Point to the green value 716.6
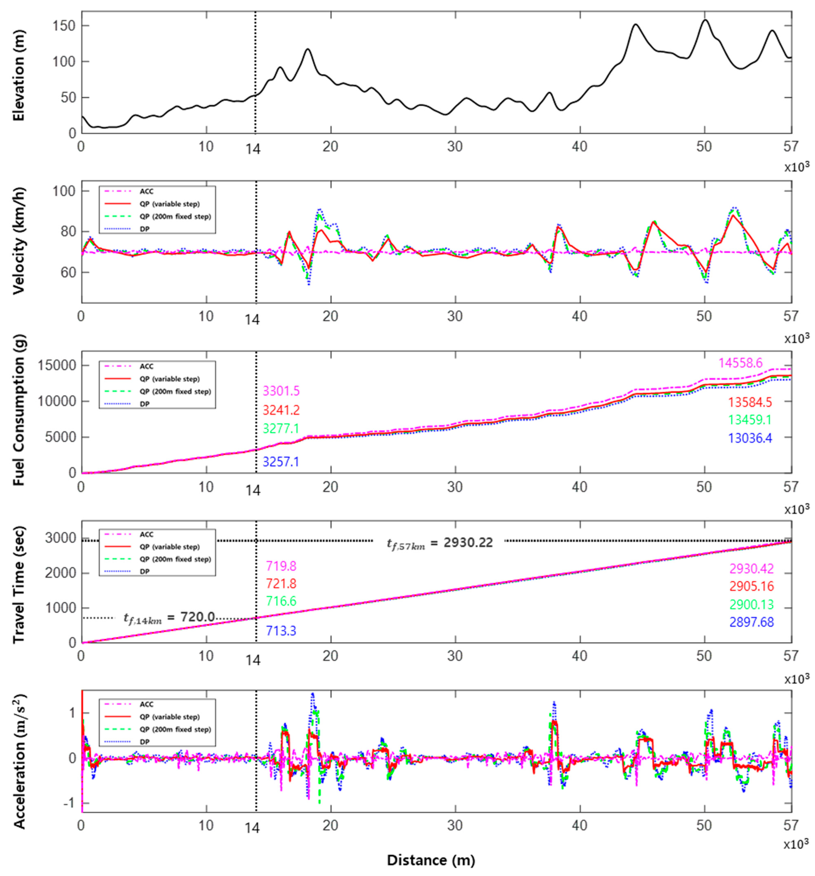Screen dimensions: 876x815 click(281, 601)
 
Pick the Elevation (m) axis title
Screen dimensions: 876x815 click(18, 76)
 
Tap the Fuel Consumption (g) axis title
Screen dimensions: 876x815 click(18, 410)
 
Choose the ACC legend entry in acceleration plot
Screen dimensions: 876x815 click(146, 704)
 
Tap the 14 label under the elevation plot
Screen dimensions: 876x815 click(253, 149)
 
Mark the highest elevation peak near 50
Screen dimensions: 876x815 click(705, 20)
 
